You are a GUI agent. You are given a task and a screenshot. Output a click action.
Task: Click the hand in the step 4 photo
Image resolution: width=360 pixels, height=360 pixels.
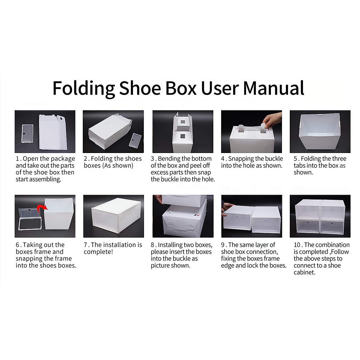[x=273, y=121]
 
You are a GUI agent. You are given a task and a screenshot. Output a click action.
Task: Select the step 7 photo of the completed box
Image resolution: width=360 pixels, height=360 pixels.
[x=113, y=216]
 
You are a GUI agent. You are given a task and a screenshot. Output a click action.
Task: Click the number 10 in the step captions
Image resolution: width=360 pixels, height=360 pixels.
[x=298, y=245]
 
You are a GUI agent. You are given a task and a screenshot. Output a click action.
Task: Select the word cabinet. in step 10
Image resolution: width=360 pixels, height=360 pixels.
[x=304, y=273]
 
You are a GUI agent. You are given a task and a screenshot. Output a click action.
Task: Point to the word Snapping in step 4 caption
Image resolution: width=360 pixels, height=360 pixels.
[x=242, y=159]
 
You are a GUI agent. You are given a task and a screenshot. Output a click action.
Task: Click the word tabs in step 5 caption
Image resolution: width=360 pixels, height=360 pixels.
[x=300, y=166]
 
